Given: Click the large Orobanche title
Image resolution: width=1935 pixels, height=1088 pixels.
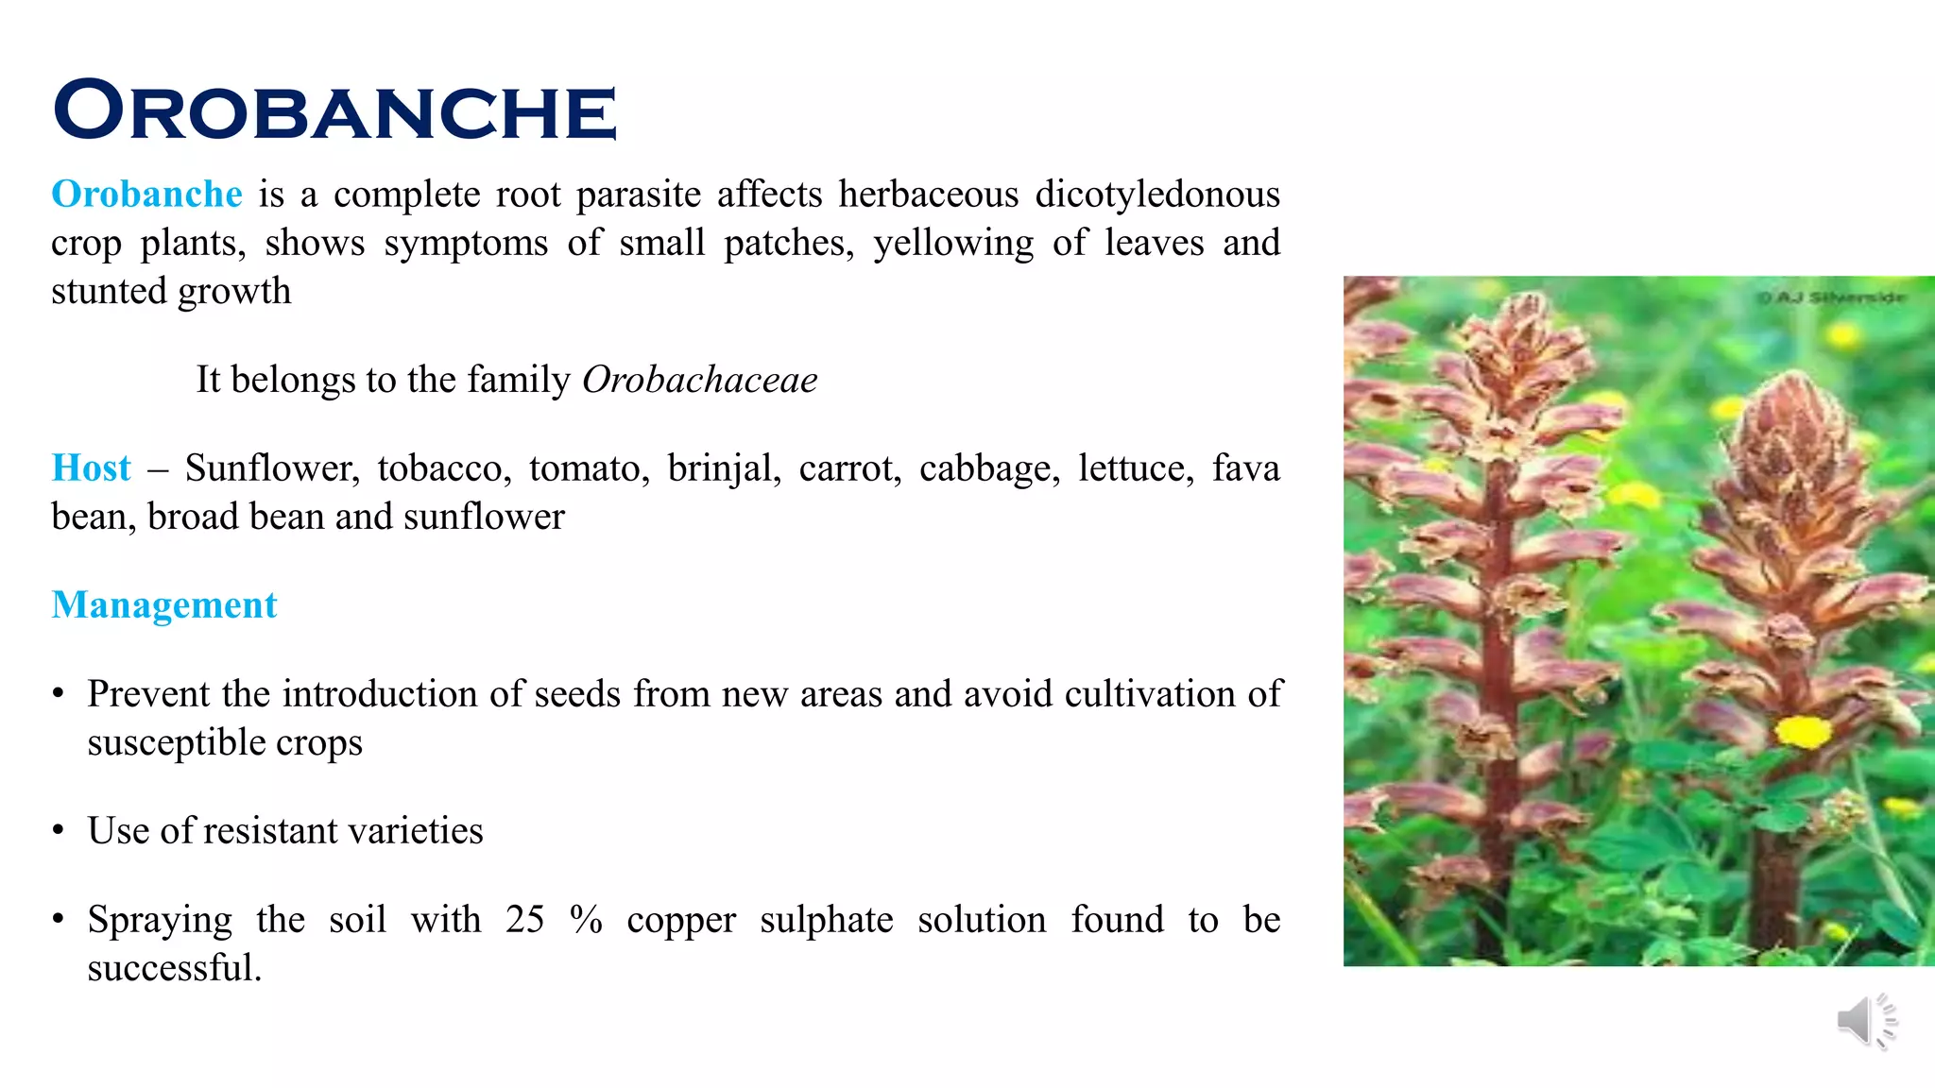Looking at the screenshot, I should click(x=335, y=110).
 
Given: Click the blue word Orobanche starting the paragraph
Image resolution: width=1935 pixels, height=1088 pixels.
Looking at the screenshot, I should click(x=146, y=195).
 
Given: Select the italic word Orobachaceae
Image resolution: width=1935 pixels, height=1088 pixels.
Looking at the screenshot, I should click(x=699, y=380).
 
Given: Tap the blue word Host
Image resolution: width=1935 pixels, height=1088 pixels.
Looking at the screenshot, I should click(x=91, y=468).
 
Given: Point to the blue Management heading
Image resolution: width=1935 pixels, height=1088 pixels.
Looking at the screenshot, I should click(x=164, y=605).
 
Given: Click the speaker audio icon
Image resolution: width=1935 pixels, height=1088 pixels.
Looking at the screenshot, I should click(x=1865, y=1021).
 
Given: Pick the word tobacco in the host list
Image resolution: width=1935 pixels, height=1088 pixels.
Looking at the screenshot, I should click(x=444, y=468).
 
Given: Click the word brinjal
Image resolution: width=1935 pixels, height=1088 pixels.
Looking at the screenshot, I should click(x=724, y=468).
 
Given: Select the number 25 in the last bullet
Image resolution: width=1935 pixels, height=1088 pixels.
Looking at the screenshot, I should click(x=524, y=920).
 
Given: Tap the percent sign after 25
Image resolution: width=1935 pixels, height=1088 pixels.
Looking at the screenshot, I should click(x=586, y=920).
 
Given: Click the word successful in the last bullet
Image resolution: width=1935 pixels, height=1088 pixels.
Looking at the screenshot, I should click(x=174, y=968).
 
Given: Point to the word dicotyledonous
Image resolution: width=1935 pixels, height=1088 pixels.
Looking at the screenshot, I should click(x=1157, y=195).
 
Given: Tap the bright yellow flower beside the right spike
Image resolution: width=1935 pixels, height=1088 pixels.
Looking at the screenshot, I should click(x=1803, y=732).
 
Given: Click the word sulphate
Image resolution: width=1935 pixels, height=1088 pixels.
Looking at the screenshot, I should click(x=827, y=920).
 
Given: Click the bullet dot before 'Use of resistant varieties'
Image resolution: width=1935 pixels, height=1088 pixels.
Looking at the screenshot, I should click(x=59, y=831).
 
